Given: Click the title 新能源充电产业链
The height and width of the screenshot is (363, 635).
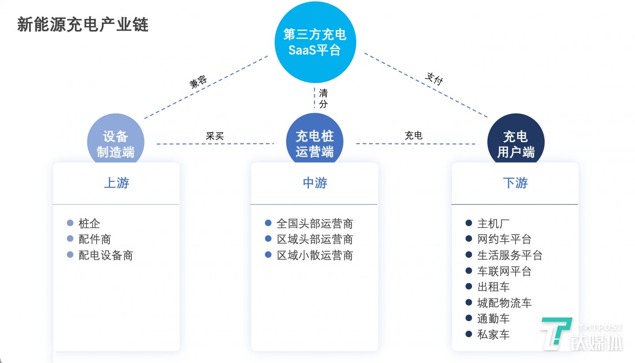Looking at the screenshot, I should tap(83, 25).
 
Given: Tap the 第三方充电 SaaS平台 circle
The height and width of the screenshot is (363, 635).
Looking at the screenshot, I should tap(314, 42).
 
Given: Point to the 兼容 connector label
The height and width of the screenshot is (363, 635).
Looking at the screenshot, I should tap(198, 83).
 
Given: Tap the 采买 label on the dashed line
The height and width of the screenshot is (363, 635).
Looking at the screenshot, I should tap(215, 136).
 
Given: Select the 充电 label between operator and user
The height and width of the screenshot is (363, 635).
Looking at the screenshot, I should tap(414, 136).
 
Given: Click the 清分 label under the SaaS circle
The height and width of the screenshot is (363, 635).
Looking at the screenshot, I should tap(323, 98).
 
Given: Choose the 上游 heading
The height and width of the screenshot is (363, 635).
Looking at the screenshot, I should tap(116, 183).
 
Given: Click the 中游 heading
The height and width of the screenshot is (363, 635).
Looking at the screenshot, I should tap(315, 183).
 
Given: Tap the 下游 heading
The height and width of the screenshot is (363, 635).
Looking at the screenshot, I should tap(515, 183).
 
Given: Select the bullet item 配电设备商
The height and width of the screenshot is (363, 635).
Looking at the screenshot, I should tap(106, 255).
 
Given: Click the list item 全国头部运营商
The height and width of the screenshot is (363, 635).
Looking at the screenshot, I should tap(315, 223).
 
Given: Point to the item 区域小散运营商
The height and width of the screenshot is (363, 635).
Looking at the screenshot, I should tap(315, 255).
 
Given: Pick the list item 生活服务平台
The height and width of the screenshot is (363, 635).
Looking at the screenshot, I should tap(510, 255).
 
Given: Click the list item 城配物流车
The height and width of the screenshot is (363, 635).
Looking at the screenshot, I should tap(504, 303).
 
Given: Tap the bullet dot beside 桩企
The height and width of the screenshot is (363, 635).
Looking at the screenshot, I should tap(70, 223).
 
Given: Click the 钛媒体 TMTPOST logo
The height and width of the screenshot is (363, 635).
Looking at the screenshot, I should tap(581, 334).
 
